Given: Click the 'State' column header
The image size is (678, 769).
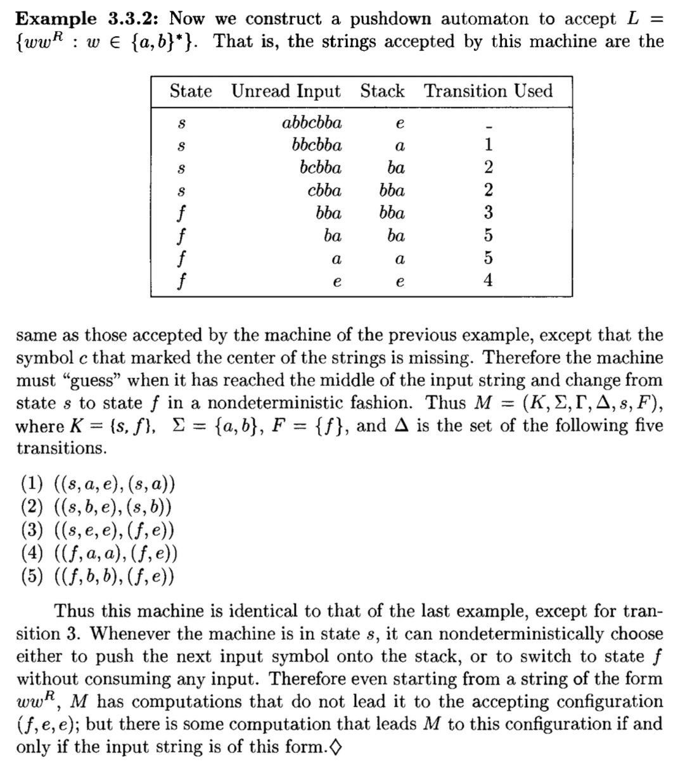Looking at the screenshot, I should tap(190, 91).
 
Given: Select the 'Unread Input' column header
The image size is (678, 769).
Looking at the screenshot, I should tap(286, 91).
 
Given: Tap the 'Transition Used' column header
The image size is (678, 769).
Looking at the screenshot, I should tap(489, 91).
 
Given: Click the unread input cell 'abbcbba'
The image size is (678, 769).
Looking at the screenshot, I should tap(311, 123).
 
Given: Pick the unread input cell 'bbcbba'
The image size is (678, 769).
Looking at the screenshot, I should tap(317, 146).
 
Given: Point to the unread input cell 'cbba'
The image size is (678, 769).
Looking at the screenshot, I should tap(324, 191).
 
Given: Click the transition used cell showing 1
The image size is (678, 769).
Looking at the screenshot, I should tap(488, 146).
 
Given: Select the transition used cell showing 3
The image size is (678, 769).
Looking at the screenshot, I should tap(488, 213).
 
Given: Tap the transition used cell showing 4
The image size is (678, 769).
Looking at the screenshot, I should tap(488, 281).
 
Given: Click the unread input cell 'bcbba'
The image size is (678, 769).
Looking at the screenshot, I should tap(321, 168).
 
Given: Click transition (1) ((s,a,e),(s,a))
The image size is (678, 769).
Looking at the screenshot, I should tap(98, 485).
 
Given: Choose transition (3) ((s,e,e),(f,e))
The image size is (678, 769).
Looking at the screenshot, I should tap(98, 531).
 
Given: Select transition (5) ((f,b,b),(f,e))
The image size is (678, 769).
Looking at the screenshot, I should tap(98, 576).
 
